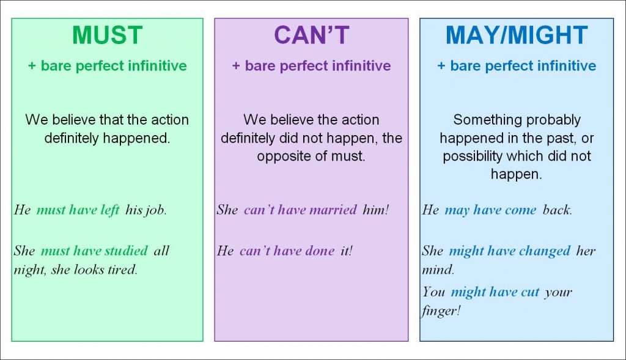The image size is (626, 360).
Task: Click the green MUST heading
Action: tap(108, 35)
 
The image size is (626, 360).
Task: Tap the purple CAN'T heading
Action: tap(311, 35)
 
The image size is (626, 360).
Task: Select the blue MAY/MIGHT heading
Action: tap(517, 35)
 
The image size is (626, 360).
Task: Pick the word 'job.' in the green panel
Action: tap(156, 210)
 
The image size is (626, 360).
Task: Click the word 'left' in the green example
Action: tap(110, 210)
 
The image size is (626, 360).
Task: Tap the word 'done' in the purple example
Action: tap(320, 251)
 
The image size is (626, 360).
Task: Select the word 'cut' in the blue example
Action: tap(530, 292)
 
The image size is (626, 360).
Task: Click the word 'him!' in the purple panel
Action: tap(376, 210)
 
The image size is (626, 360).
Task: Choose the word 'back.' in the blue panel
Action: tap(558, 210)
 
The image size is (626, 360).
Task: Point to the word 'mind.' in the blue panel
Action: tap(438, 270)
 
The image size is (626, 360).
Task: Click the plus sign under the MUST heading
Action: tap(32, 66)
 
